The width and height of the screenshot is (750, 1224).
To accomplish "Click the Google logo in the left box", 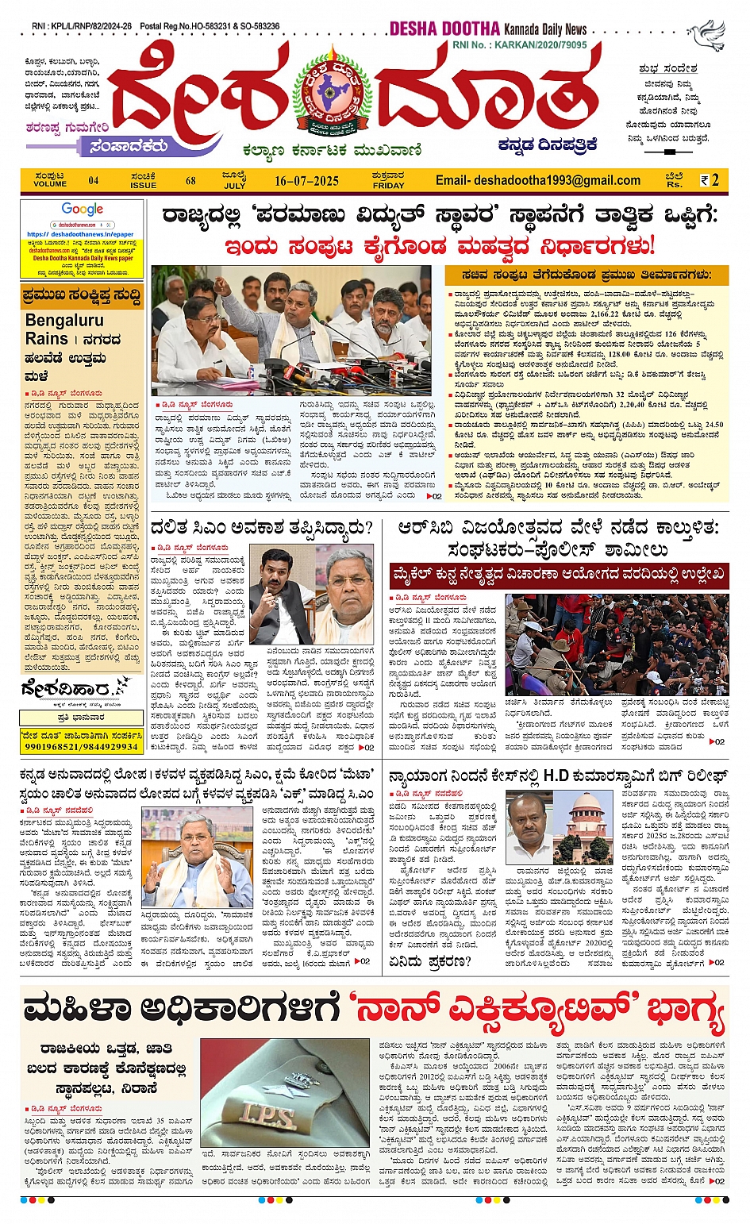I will [x=83, y=210].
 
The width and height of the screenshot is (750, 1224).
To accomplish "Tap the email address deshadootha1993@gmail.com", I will [x=538, y=180].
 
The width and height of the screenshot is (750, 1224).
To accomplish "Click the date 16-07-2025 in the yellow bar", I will [x=306, y=181].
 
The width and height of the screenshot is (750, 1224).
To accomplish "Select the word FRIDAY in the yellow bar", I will [x=388, y=186].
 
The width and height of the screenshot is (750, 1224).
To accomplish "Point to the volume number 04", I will [x=94, y=181].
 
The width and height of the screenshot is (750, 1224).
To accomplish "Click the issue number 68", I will [x=190, y=181].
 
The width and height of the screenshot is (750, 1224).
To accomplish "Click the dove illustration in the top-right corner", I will [x=706, y=35].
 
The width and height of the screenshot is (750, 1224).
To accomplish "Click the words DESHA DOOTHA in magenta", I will [x=444, y=29].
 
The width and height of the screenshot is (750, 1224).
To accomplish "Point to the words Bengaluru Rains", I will [x=63, y=329].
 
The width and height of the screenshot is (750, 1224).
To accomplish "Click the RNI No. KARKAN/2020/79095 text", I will [x=520, y=45].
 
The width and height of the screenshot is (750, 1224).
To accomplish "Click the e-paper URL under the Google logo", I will [x=79, y=234].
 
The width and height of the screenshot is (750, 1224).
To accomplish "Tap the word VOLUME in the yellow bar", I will [x=50, y=184].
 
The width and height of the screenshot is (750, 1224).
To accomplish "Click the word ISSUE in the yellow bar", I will [x=144, y=185].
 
